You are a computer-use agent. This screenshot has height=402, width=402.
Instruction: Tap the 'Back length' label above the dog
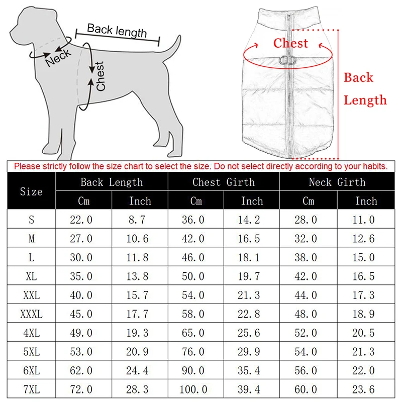(117, 31)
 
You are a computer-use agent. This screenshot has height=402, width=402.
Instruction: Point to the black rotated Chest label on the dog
(100, 76)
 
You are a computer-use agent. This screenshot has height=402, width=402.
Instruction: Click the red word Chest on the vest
(290, 43)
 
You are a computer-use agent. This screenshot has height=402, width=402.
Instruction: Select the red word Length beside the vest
(365, 100)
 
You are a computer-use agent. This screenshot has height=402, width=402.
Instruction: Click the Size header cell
(31, 191)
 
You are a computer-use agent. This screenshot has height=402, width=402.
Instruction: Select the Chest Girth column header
(224, 182)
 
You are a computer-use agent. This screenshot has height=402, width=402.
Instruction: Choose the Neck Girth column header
(337, 182)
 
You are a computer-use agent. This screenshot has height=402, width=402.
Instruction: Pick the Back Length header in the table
(112, 182)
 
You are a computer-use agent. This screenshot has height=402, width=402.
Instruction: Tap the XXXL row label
(31, 315)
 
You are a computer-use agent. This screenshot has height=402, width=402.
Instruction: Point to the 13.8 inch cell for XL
(139, 276)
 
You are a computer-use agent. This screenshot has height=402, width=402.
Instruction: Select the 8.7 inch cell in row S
(139, 220)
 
